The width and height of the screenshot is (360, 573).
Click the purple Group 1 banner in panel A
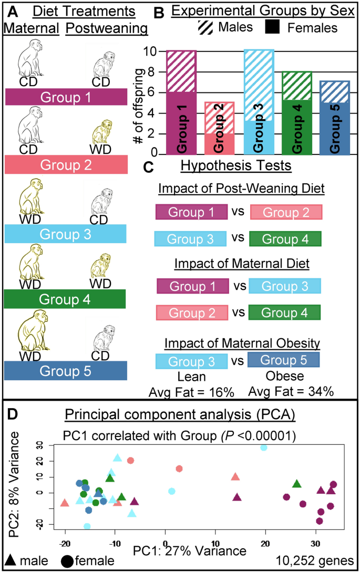tap(66, 98)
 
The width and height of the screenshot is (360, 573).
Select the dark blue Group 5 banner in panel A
tap(66, 371)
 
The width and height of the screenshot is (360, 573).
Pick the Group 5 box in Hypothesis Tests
tap(283, 360)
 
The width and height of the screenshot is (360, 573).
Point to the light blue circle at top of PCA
tap(264, 447)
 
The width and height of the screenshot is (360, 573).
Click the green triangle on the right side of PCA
tap(297, 484)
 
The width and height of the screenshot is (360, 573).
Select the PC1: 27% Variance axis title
tap(190, 551)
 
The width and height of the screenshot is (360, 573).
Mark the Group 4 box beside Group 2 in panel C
tap(285, 312)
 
